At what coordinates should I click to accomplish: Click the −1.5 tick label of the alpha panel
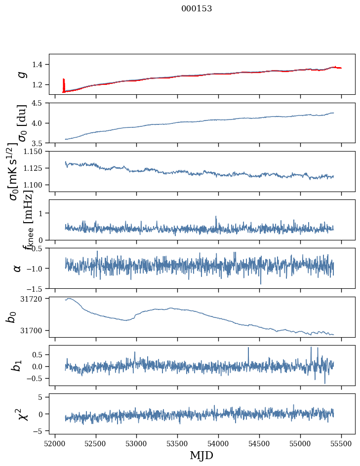pos(38,288)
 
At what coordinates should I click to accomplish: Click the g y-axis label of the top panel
pos(20,74)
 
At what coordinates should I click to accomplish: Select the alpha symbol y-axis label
pos(18,268)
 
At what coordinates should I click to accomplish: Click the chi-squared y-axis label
pos(23,414)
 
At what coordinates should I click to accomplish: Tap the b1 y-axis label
pos(17,365)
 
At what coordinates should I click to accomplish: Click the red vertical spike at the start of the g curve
pos(63,84)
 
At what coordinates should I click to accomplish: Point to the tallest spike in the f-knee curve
pos(216,217)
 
